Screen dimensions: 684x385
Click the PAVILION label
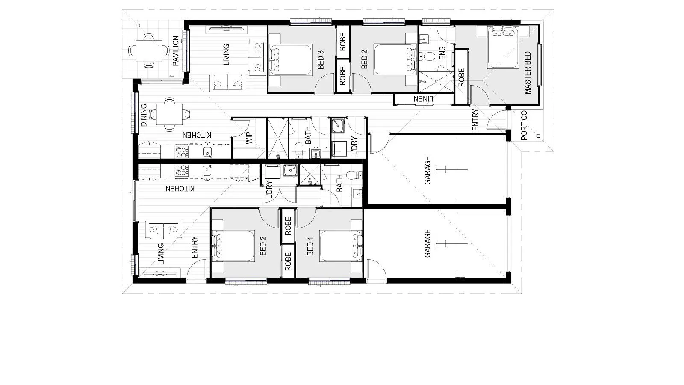click(x=176, y=51)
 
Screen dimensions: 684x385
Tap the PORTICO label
click(x=524, y=125)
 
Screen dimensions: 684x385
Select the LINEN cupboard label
click(x=423, y=99)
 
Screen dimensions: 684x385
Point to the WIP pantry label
click(x=249, y=138)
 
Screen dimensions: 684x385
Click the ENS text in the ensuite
click(x=442, y=53)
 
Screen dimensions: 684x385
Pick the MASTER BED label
click(x=528, y=73)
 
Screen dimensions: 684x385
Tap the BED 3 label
click(x=321, y=59)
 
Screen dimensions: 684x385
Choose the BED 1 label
click(x=310, y=249)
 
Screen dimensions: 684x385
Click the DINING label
click(x=144, y=115)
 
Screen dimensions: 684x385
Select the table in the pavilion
click(x=149, y=51)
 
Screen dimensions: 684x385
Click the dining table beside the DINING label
click(x=169, y=115)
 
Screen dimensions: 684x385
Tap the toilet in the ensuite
click(x=427, y=56)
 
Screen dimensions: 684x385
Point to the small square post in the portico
click(x=538, y=136)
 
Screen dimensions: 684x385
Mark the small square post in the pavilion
click(x=138, y=25)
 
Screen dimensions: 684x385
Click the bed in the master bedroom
click(x=503, y=47)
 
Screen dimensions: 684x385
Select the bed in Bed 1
click(x=341, y=246)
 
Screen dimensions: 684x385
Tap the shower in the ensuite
click(x=436, y=82)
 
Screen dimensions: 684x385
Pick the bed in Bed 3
click(x=291, y=59)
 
